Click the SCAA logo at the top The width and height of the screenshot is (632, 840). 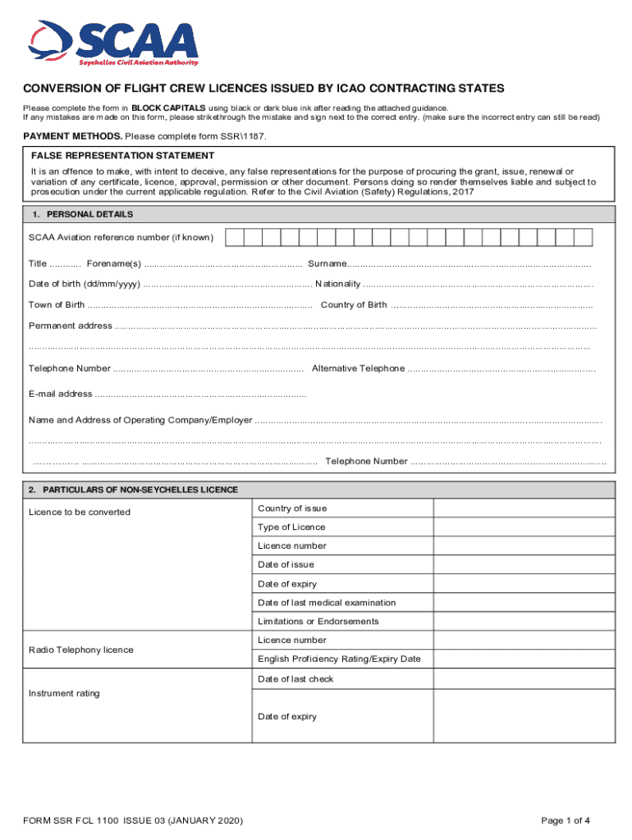point(114,42)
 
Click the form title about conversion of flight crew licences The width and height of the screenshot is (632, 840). point(263,88)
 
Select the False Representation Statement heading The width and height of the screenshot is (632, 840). point(122,155)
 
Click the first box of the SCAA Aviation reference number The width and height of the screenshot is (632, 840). point(234,238)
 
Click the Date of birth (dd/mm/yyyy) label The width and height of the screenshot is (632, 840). point(84,284)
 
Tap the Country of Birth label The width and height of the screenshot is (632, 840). point(354,305)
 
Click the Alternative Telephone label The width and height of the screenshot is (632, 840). point(358,368)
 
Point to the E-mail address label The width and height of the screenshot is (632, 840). point(61,394)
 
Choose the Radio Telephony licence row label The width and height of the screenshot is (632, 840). point(81,650)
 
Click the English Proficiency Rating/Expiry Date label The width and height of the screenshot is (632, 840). point(339,659)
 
